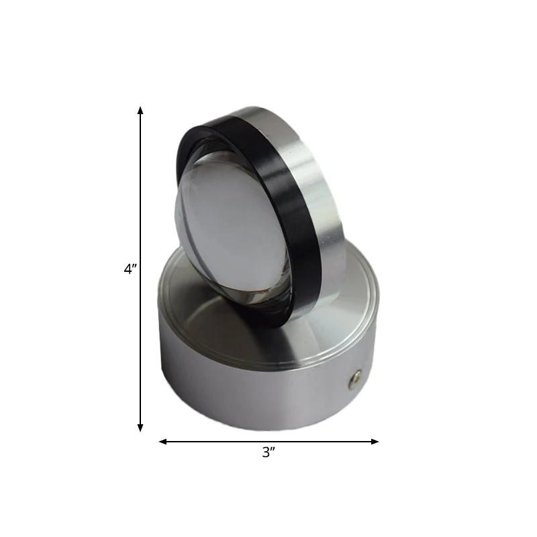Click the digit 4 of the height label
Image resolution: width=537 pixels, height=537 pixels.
click(128, 269)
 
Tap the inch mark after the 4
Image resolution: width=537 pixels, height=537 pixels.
click(135, 266)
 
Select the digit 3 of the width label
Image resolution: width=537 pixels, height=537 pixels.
click(266, 452)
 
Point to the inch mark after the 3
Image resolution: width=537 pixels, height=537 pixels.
click(273, 449)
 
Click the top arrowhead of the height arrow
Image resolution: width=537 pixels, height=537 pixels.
click(140, 110)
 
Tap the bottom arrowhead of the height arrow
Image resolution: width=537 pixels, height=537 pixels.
click(140, 428)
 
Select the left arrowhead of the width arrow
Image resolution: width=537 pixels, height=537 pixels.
click(162, 442)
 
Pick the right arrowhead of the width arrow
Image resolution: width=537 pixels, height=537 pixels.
click(375, 442)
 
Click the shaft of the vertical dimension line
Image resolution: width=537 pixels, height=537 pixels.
click(140, 269)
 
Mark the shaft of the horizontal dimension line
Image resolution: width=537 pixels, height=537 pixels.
click(269, 442)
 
